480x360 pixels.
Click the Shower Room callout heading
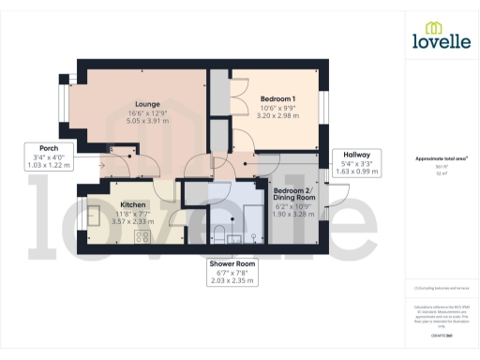(x=232, y=263)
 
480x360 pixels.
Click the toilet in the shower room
(x=219, y=232)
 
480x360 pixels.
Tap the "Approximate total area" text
(x=440, y=159)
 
